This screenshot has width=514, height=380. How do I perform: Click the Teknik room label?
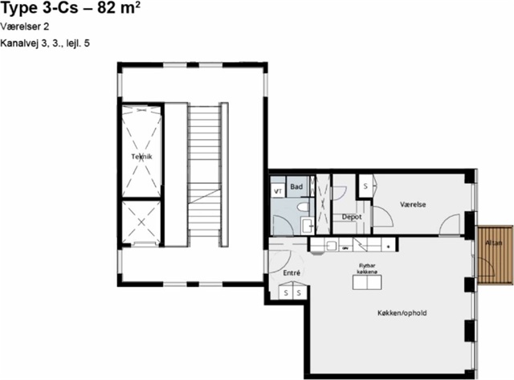click(141, 157)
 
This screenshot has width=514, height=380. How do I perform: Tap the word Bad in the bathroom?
click(296, 186)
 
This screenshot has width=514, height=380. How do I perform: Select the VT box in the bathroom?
click(278, 191)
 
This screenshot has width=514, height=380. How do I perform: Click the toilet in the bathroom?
click(303, 206)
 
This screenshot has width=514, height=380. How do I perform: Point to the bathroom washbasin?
click(308, 225)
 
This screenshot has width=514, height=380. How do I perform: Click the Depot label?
click(352, 217)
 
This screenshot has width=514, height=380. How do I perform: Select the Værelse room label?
click(413, 205)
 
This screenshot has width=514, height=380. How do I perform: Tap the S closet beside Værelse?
click(366, 186)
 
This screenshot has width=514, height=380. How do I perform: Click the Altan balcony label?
click(493, 243)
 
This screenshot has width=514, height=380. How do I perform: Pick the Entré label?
click(292, 273)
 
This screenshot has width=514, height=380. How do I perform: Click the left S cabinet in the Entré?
click(286, 292)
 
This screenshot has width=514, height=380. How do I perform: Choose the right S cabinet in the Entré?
click(299, 292)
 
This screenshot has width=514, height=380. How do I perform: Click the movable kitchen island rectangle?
click(367, 282)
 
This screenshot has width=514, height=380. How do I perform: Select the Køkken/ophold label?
click(402, 313)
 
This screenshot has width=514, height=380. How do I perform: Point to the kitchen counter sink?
click(332, 245)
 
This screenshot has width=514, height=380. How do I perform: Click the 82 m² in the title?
click(119, 8)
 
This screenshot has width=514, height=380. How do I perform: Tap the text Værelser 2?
click(25, 27)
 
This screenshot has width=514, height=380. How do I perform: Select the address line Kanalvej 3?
click(45, 43)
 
